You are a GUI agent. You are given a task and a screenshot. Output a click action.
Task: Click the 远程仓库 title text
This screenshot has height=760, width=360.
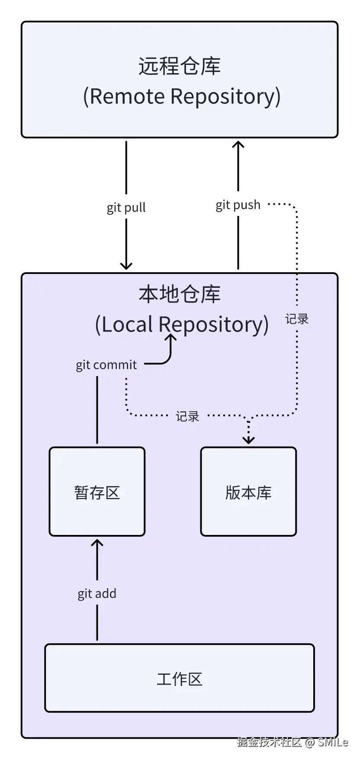coord(180,66)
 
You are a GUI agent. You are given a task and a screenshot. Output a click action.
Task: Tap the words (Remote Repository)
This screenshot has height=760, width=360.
coord(182,96)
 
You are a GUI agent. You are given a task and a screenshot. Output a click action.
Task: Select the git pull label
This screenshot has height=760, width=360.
coord(126,208)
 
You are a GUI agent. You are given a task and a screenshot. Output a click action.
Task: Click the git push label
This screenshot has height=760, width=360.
coord(238,205)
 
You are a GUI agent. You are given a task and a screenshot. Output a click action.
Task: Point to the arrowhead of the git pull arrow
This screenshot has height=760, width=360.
coord(126,264)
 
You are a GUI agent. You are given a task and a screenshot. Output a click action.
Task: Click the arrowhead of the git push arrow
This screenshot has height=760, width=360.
coord(238,146)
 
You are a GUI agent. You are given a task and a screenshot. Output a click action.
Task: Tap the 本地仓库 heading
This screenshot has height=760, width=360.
coord(180,294)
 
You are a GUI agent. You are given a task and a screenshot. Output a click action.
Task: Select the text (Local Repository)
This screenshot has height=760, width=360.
coord(182,324)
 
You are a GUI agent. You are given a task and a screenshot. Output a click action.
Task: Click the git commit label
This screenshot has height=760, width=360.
coord(106,365)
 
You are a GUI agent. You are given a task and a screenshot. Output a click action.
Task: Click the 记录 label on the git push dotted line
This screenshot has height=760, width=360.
coord(297,319)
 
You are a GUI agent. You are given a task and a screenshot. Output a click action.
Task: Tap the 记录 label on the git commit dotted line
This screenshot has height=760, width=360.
coord(187,416)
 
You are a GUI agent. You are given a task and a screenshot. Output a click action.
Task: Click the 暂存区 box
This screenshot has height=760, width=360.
coord(97,492)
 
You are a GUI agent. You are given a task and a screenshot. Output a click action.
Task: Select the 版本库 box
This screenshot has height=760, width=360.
coord(248,492)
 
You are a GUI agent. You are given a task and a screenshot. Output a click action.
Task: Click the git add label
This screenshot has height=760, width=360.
coord(97,593)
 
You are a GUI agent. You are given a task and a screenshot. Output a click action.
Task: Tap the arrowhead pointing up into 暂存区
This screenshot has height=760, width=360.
coord(97,544)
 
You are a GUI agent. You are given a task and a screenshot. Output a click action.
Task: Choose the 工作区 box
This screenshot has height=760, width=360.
coord(180,678)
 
